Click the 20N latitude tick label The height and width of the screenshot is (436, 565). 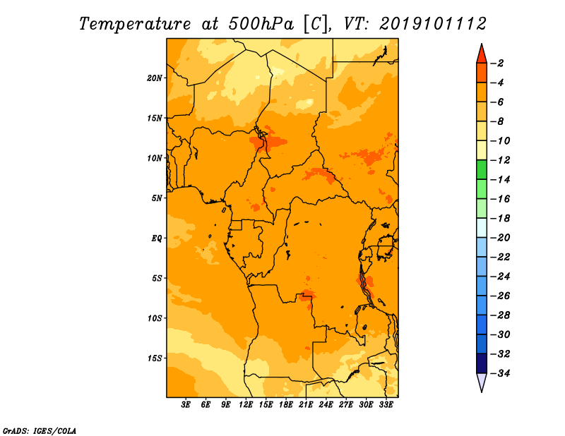pos(155,78)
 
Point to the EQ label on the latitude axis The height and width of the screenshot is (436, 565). pos(157,238)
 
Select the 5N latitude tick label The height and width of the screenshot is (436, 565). pos(157,198)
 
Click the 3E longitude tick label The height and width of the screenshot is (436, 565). pos(186,404)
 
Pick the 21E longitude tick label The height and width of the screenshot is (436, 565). pos(306,404)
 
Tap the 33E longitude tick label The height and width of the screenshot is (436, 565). pos(386,404)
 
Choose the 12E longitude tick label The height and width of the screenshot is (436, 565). pos(246,404)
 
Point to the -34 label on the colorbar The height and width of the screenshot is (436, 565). pos(500,373)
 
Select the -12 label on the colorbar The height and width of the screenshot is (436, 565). pos(500,160)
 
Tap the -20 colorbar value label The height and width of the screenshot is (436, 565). pos(500,238)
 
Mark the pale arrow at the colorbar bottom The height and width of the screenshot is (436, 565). pos(482,381)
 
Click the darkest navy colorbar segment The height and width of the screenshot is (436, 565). pos(482,363)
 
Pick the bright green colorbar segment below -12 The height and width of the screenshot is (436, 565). pos(482,170)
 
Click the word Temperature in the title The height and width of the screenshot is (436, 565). pos(135,24)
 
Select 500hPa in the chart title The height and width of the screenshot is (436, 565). pos(261,24)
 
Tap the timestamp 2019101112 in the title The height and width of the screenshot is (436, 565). pos(433,24)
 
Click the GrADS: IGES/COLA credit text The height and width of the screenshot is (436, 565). pos(40,431)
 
